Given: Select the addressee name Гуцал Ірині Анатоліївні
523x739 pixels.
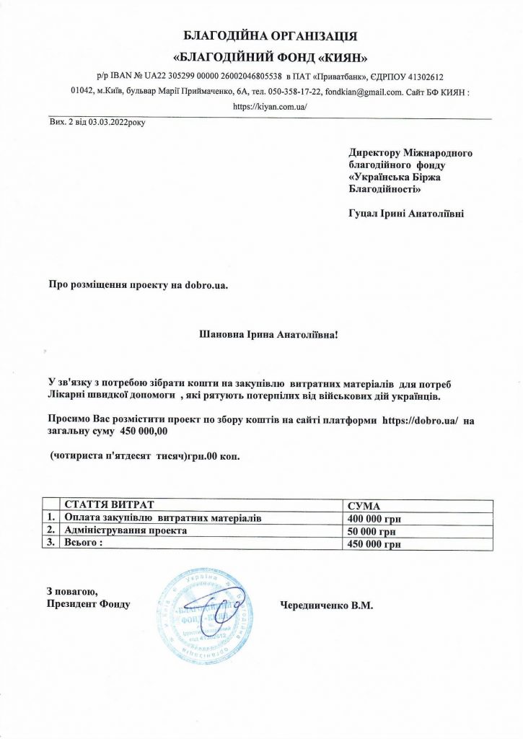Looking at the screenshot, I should click(x=406, y=214).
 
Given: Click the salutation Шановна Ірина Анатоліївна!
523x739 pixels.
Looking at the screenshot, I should click(x=268, y=335).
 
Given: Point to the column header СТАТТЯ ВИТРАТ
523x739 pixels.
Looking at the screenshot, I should click(x=110, y=505).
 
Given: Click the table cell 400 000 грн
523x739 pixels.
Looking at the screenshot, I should click(x=374, y=518).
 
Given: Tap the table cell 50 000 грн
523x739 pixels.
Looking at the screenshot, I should click(x=372, y=531).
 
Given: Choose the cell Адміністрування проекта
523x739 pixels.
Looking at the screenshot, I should click(x=126, y=530).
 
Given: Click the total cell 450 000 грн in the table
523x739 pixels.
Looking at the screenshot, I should click(x=374, y=544).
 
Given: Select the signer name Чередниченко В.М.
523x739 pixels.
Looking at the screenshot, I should click(x=325, y=605).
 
